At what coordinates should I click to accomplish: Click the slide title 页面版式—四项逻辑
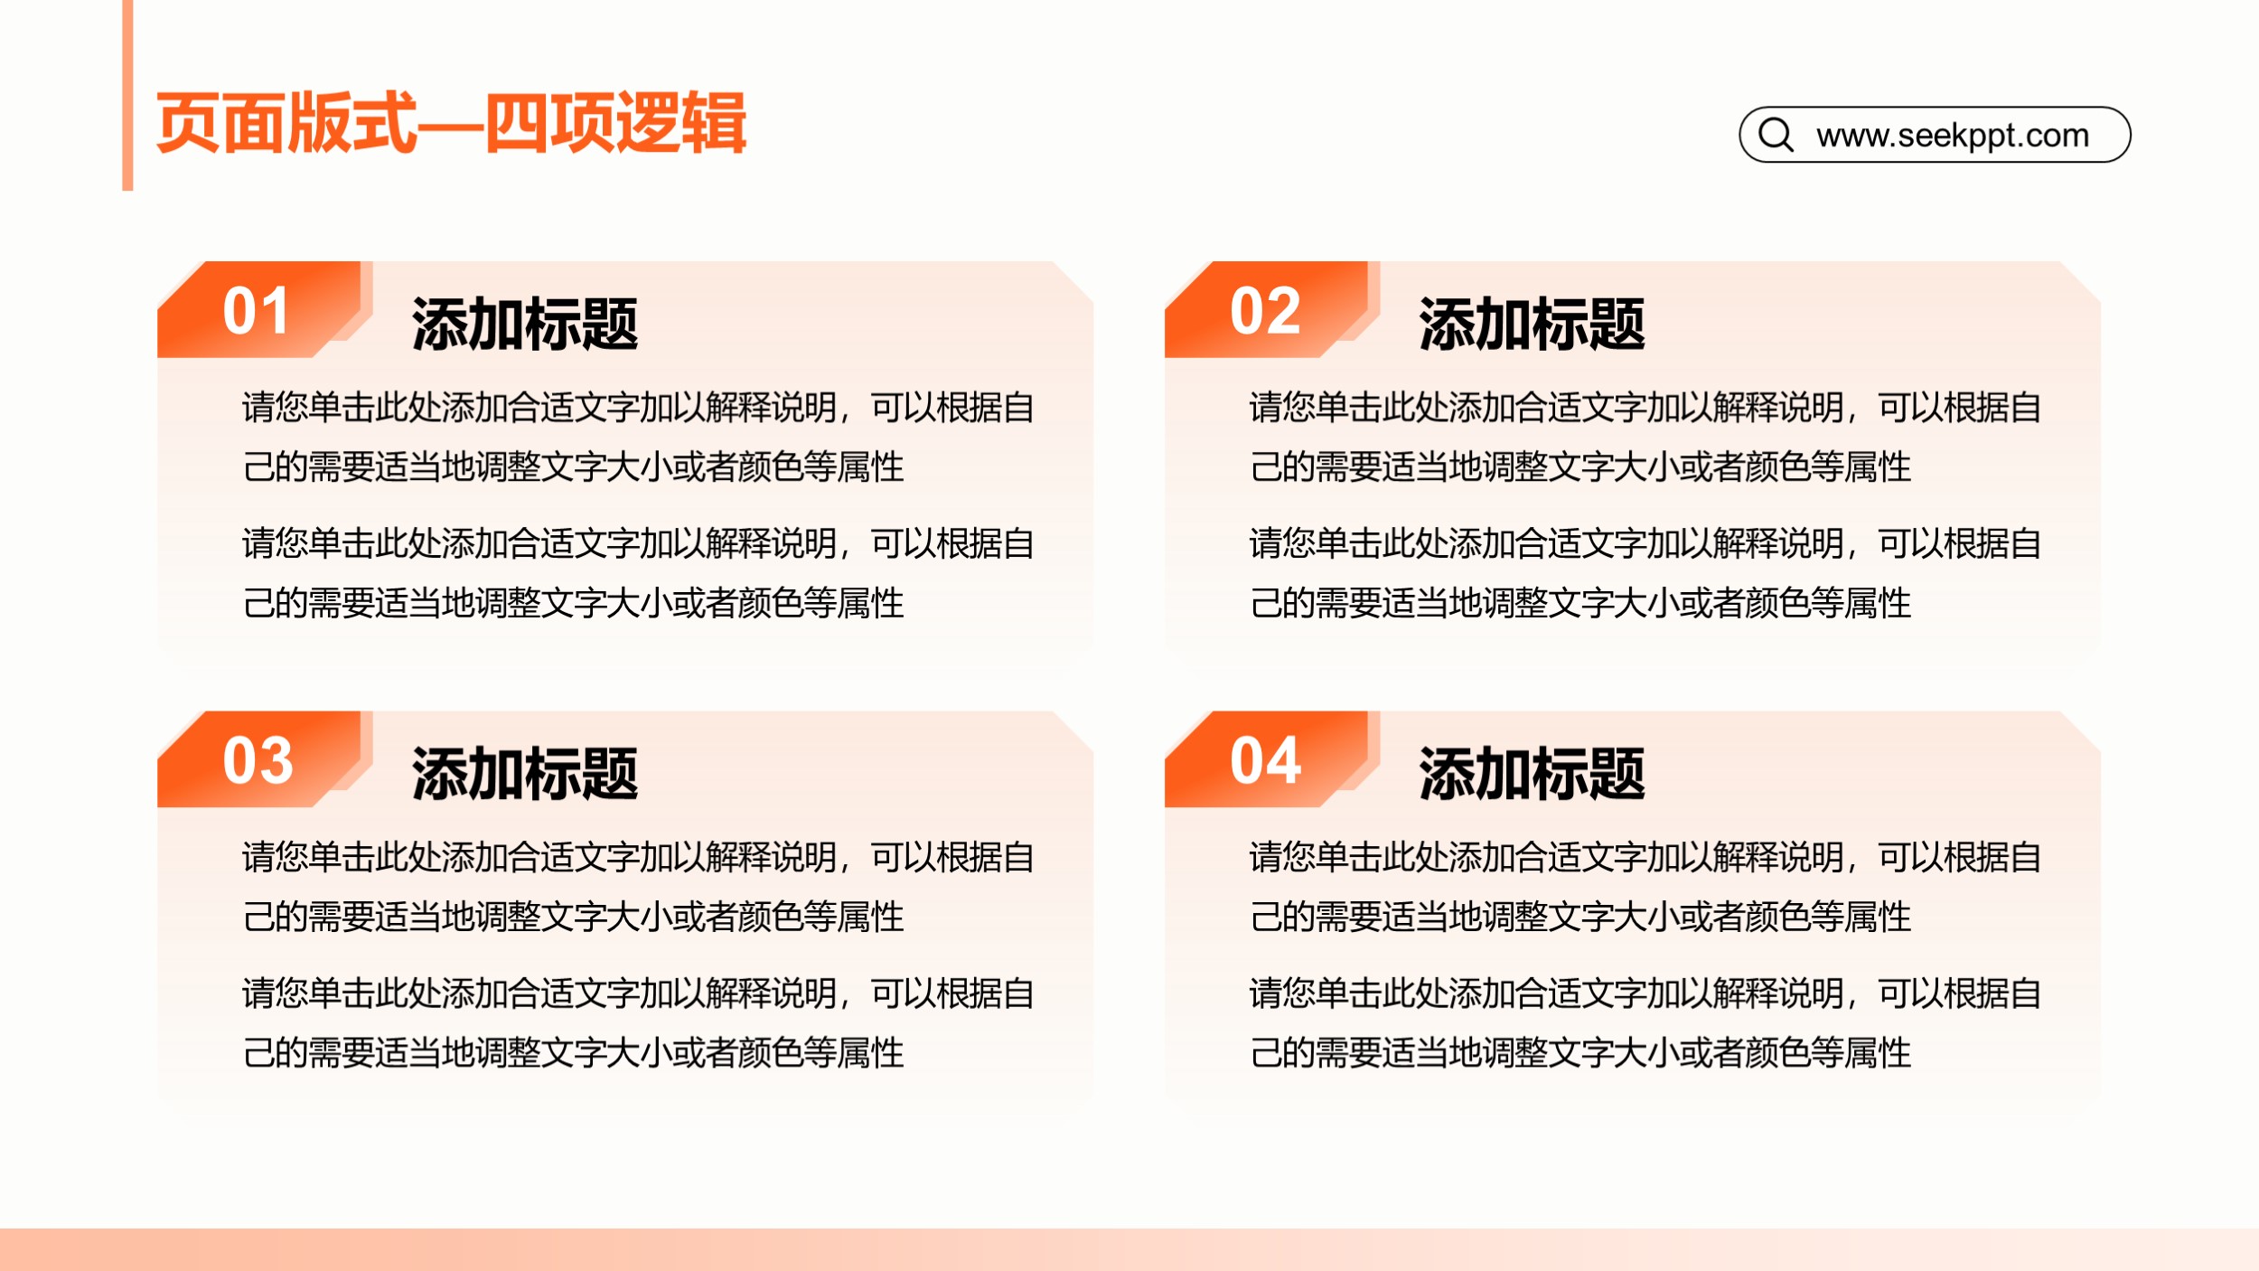point(451,122)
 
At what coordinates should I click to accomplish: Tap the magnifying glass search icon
point(1776,135)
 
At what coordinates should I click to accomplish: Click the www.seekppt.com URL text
point(1953,136)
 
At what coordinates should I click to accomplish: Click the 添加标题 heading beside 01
point(525,324)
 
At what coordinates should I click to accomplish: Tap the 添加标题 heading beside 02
point(1533,324)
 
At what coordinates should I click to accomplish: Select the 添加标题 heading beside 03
point(525,773)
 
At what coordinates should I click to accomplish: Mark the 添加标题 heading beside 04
point(1533,773)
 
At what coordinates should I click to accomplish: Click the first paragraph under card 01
point(638,437)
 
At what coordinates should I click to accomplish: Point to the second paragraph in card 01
point(638,572)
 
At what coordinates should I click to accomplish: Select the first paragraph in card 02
point(1645,437)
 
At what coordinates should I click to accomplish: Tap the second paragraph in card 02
point(1645,572)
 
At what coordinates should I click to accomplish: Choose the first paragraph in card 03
point(638,886)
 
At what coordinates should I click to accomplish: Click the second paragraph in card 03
point(638,1022)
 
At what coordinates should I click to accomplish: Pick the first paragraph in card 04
point(1645,886)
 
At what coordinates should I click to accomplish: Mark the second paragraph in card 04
point(1645,1022)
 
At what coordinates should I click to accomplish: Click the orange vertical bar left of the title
point(127,95)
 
